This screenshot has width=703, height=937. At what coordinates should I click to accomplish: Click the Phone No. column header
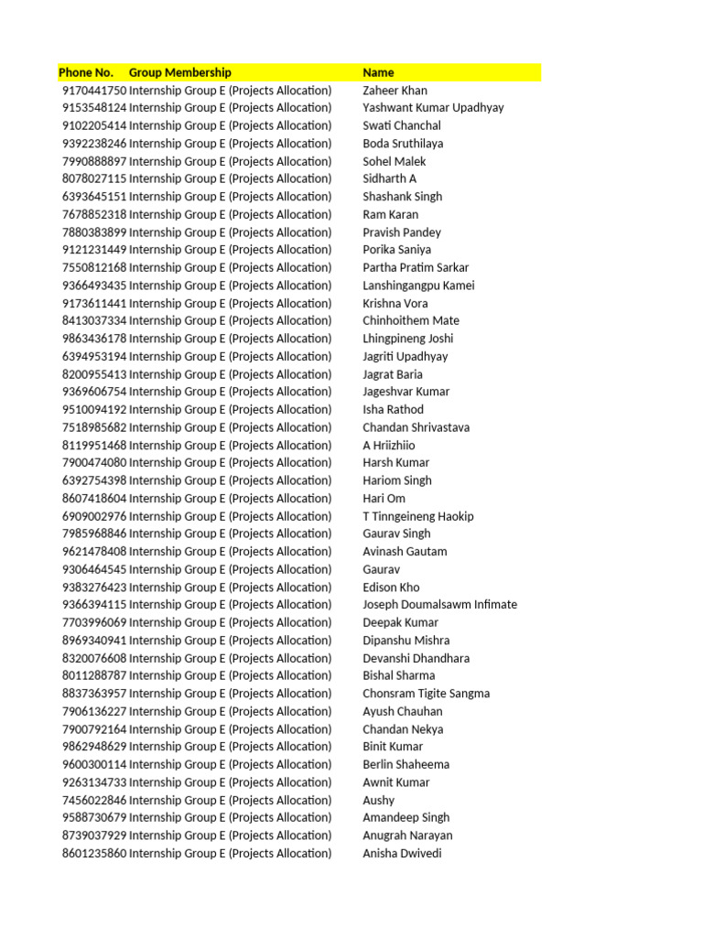pyautogui.click(x=86, y=72)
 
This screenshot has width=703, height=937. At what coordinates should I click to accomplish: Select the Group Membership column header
pyautogui.click(x=180, y=72)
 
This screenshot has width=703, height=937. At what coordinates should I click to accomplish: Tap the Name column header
pyautogui.click(x=378, y=72)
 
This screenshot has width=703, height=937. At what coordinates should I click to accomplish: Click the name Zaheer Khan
pyautogui.click(x=395, y=91)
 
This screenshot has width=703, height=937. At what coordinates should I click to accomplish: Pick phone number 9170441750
pyautogui.click(x=94, y=91)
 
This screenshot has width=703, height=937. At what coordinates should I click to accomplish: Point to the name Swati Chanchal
pyautogui.click(x=402, y=125)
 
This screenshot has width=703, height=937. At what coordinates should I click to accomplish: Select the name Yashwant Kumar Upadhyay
pyautogui.click(x=433, y=108)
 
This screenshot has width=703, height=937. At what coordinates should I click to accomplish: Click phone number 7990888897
pyautogui.click(x=94, y=161)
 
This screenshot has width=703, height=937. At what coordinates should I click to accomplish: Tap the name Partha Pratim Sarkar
pyautogui.click(x=416, y=268)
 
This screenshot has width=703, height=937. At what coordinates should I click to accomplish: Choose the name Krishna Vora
pyautogui.click(x=395, y=303)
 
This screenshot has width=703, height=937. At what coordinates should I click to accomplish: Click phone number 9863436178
pyautogui.click(x=94, y=339)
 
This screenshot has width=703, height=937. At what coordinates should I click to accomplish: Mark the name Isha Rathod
pyautogui.click(x=394, y=410)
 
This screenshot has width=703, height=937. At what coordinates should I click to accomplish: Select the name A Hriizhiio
pyautogui.click(x=389, y=446)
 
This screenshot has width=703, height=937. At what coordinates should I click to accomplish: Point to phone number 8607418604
pyautogui.click(x=94, y=499)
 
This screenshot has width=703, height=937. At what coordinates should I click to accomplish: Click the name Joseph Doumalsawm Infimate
pyautogui.click(x=439, y=605)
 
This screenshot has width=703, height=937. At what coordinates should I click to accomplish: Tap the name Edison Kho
pyautogui.click(x=391, y=587)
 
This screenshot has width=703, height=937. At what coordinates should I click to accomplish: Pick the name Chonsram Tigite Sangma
pyautogui.click(x=426, y=694)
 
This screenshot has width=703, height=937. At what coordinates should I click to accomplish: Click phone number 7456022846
pyautogui.click(x=94, y=800)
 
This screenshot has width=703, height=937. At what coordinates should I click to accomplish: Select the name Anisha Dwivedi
pyautogui.click(x=402, y=854)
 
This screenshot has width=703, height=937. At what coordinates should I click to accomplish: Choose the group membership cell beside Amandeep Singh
pyautogui.click(x=231, y=818)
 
